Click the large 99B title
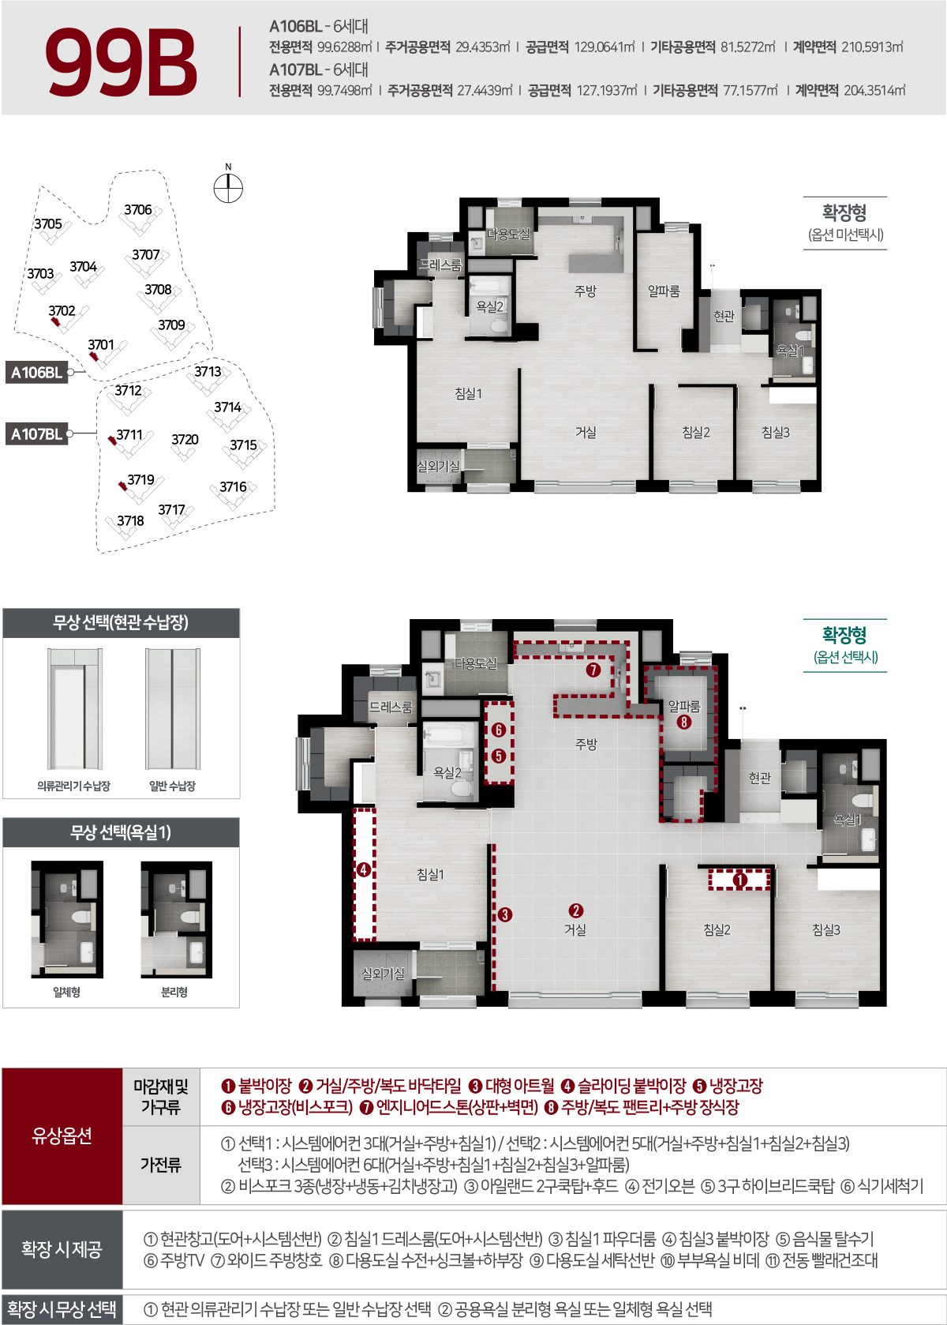121,62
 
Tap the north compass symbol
228,188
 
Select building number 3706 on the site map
138,210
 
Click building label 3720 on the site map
185,440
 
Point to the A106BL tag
36,372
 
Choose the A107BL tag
36,434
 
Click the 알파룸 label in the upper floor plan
664,291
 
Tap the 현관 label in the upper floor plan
724,316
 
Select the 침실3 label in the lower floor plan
826,930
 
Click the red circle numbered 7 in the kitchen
593,670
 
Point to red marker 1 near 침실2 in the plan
739,879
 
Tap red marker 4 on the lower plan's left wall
364,870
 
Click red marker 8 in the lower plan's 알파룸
683,721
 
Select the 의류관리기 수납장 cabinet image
74,708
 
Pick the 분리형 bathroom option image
175,919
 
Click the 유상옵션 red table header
62,1135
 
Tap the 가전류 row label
161,1165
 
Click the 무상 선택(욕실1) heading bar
121,832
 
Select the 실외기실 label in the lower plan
383,974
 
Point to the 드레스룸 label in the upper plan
440,265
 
